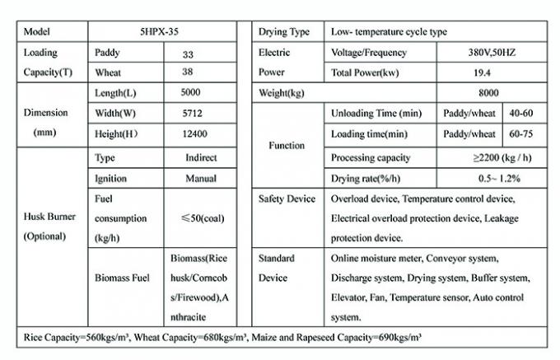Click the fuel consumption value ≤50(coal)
(x=199, y=218)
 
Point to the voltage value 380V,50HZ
(x=492, y=52)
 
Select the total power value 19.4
(x=492, y=72)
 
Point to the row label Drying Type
(x=285, y=31)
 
